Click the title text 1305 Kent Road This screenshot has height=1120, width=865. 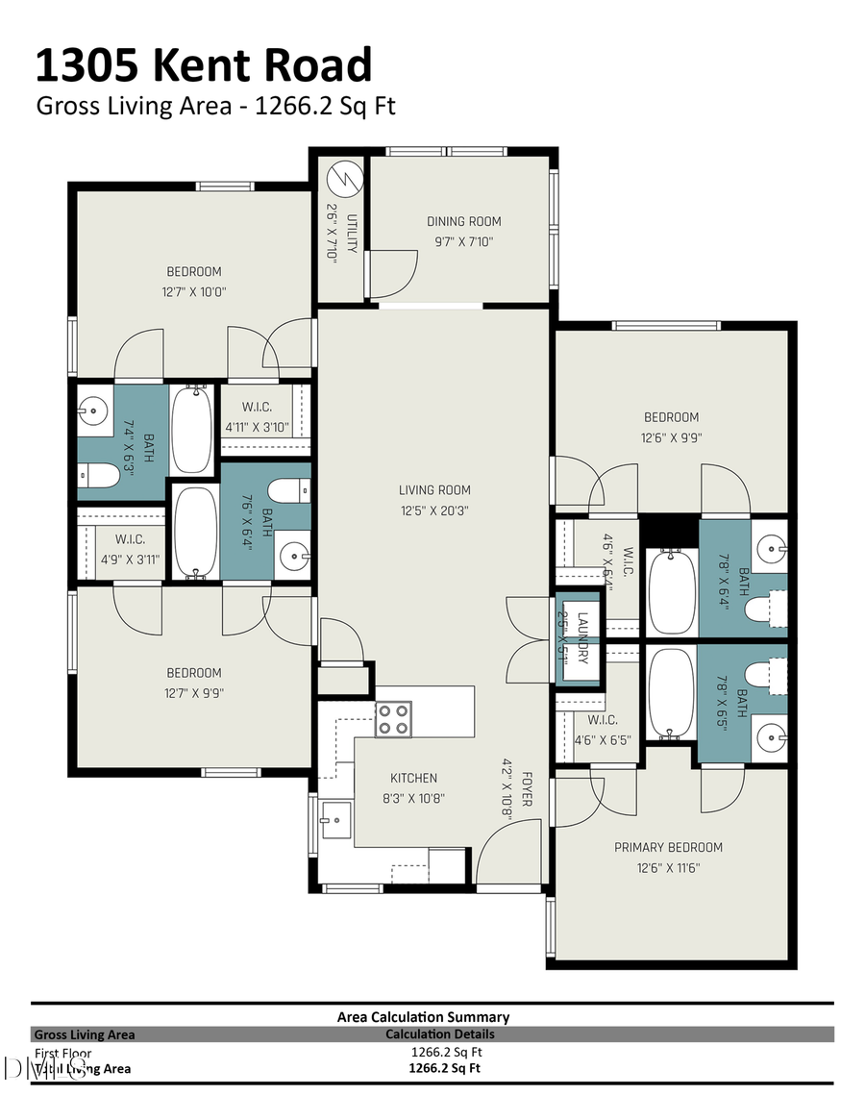(x=203, y=66)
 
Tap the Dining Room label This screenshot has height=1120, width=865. (x=464, y=221)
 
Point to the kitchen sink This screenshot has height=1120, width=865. (x=336, y=819)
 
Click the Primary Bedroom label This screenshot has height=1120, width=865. (x=668, y=847)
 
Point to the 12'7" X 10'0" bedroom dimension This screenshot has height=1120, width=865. (x=194, y=291)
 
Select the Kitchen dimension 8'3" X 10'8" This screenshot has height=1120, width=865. (x=413, y=798)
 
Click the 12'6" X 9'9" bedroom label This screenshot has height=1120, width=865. (x=671, y=417)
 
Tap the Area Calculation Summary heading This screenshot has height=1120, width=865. (x=423, y=1016)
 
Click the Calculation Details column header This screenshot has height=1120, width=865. (x=439, y=1034)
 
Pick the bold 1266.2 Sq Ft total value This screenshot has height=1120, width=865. (x=444, y=1067)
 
